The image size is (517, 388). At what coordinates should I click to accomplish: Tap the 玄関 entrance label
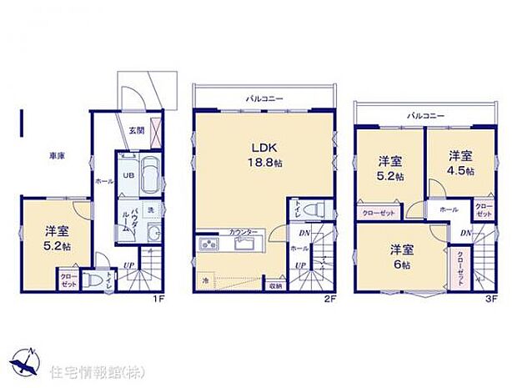tap(135, 130)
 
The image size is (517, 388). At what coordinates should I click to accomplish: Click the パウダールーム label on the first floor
tap(128, 215)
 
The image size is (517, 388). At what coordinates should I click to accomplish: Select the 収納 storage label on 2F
tap(276, 285)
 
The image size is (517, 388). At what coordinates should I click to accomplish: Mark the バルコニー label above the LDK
tap(264, 98)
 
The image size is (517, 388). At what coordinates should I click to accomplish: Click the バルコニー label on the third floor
tap(425, 115)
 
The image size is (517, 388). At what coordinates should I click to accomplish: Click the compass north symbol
tap(28, 360)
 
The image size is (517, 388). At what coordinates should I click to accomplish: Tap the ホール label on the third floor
tap(448, 209)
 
